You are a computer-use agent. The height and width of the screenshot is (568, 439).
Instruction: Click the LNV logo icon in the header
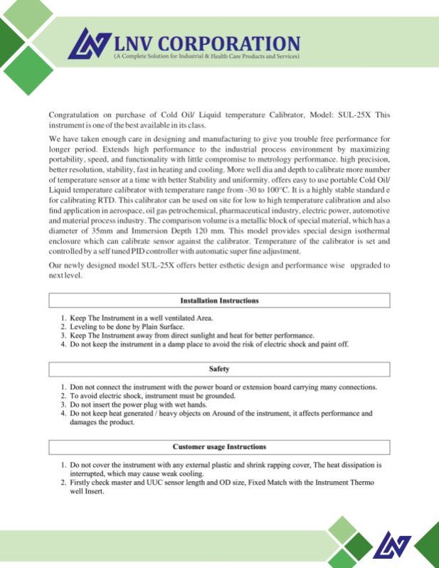coord(89,43)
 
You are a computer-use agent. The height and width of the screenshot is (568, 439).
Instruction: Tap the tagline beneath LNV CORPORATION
coord(206,56)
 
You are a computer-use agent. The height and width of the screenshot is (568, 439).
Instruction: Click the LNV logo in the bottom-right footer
coord(393,546)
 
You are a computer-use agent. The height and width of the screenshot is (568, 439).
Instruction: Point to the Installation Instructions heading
coord(219,301)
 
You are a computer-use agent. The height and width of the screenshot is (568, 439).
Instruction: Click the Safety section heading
coord(219,369)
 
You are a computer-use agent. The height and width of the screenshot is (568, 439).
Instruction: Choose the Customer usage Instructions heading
coord(219,447)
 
